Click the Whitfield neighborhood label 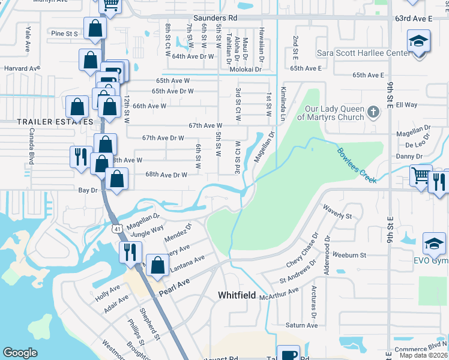tap(237, 296)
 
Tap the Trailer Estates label tap(47, 122)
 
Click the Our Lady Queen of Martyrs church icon tap(373, 112)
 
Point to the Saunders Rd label tap(217, 19)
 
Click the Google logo tap(20, 353)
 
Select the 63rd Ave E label tap(414, 19)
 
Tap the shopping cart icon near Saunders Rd tap(110, 5)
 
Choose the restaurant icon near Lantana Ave tap(130, 252)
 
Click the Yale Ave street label tap(28, 38)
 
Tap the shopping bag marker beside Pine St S tap(95, 28)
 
